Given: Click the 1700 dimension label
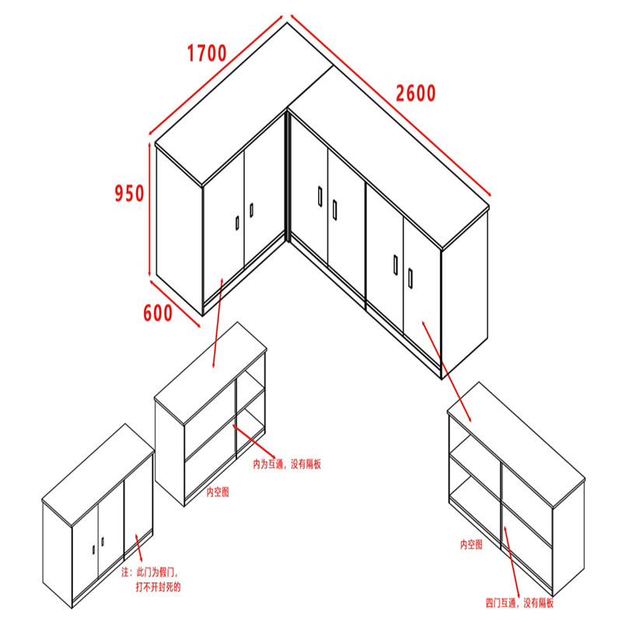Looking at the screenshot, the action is pos(207,53).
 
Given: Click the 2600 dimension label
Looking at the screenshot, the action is pos(416,93).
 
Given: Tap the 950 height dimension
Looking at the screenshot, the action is pos(129,193).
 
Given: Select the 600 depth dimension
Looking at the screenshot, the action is pos(158,313).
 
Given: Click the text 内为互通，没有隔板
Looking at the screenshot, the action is pos(287,463).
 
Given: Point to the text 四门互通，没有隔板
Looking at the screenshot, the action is pos(519,603).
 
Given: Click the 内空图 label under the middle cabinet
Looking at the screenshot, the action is pos(218,492).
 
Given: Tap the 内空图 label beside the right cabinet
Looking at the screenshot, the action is pos(471,544).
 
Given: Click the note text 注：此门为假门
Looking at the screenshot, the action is pos(149,572).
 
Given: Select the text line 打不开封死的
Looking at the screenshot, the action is pos(158,587).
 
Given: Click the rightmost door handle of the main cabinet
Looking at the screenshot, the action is pos(411,278).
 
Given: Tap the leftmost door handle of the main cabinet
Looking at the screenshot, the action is pos(237,223).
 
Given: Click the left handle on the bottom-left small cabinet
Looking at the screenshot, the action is pos(94,550).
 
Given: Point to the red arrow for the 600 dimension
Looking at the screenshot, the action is pos(175,303).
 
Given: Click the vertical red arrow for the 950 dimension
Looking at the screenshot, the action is pos(149,209).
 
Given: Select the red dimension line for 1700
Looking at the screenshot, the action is pos(215,75).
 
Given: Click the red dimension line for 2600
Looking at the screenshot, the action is pos(391,105).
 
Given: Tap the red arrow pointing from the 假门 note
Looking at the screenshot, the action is pos(139,547).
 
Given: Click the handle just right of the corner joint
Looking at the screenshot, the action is pos(320,196).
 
